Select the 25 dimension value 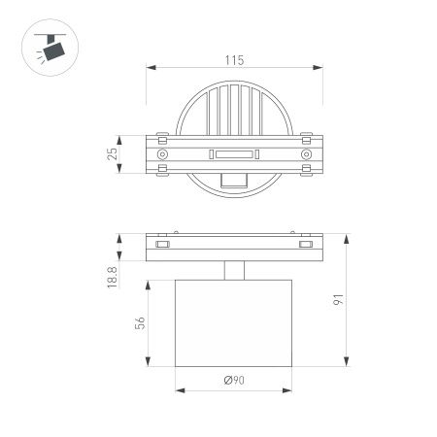pyautogui.click(x=114, y=153)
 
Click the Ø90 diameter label pyautogui.click(x=233, y=382)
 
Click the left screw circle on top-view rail pyautogui.click(x=162, y=154)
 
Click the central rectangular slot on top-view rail pyautogui.click(x=233, y=154)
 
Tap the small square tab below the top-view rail pyautogui.click(x=233, y=180)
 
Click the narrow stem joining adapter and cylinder pyautogui.click(x=233, y=271)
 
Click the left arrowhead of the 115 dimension pyautogui.click(x=149, y=68)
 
